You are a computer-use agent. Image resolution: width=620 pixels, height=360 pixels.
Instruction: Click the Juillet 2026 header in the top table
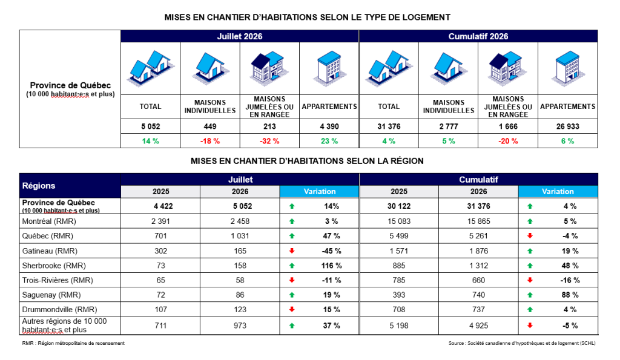[x=240, y=36]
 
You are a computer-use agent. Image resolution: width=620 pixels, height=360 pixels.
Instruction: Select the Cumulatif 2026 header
[x=478, y=36]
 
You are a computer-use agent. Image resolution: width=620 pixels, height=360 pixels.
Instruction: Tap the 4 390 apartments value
[x=329, y=126]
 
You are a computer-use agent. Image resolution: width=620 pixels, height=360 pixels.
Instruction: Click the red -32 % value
[x=269, y=141]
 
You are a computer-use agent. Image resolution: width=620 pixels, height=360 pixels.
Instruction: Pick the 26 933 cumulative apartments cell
[x=567, y=126]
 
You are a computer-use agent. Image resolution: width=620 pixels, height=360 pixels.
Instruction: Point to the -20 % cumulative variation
[x=508, y=141]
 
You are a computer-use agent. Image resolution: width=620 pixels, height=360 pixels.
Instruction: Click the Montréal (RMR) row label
[x=49, y=221]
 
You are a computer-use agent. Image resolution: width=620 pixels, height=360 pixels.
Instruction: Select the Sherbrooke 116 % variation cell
[x=331, y=266]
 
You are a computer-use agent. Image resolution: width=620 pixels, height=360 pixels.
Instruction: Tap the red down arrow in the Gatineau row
[x=292, y=250]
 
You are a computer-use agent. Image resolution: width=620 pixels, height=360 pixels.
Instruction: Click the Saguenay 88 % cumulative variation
[x=570, y=295]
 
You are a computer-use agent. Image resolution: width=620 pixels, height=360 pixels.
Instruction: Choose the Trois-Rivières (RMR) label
[x=58, y=280]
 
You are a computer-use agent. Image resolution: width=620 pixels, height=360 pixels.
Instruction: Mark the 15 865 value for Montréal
[x=478, y=221]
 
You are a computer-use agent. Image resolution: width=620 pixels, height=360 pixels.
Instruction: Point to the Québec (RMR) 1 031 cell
[x=240, y=236]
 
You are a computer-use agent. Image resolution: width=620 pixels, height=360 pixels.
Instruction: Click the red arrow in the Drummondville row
[x=292, y=309]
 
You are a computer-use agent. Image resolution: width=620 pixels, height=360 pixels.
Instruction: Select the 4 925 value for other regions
[x=478, y=326]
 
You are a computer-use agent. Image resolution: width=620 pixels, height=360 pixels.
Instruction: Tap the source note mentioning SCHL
[x=522, y=343]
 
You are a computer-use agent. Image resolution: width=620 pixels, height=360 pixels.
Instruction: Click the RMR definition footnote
[x=73, y=343]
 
